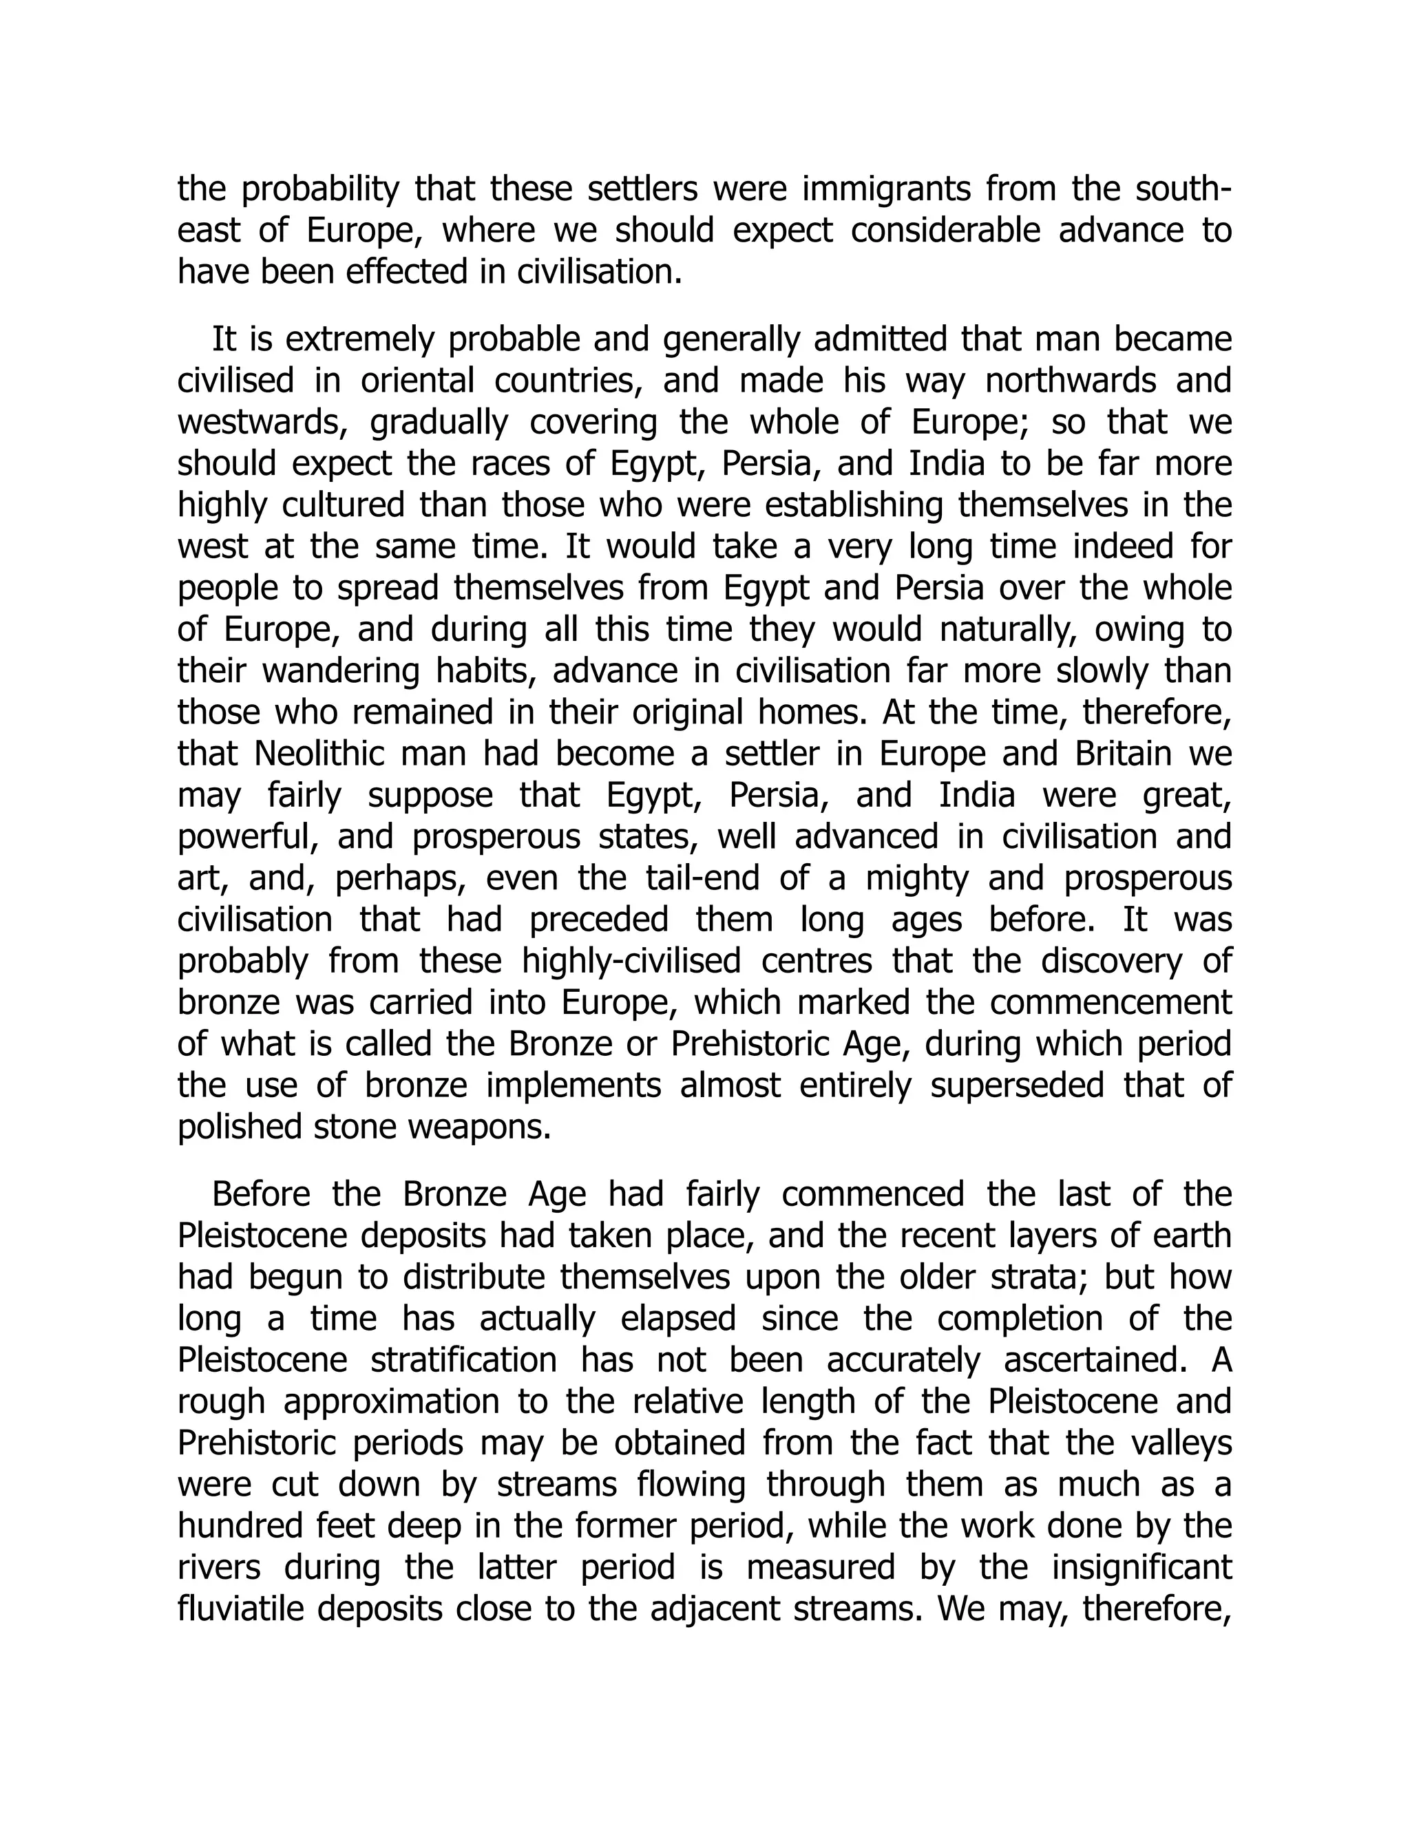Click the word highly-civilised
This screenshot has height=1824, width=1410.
631,962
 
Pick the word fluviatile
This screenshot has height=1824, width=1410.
230,1609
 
